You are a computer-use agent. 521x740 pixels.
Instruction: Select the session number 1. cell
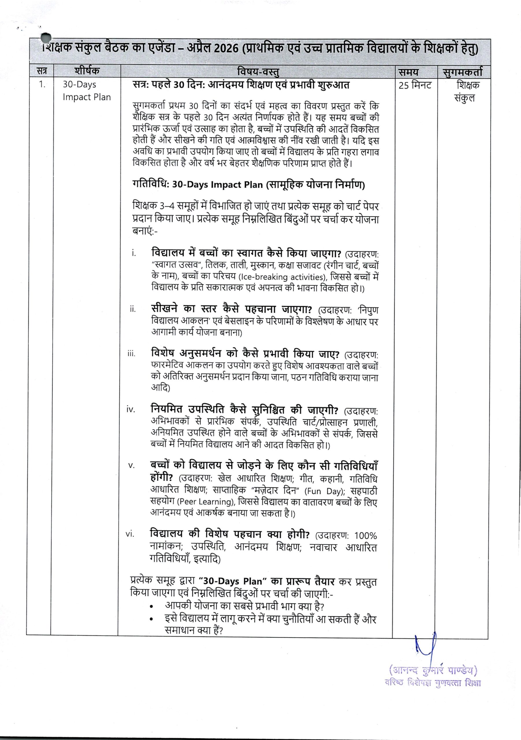click(x=42, y=85)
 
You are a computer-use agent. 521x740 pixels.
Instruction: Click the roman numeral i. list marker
click(x=134, y=253)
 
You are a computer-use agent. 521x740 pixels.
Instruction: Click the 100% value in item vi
click(x=365, y=536)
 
